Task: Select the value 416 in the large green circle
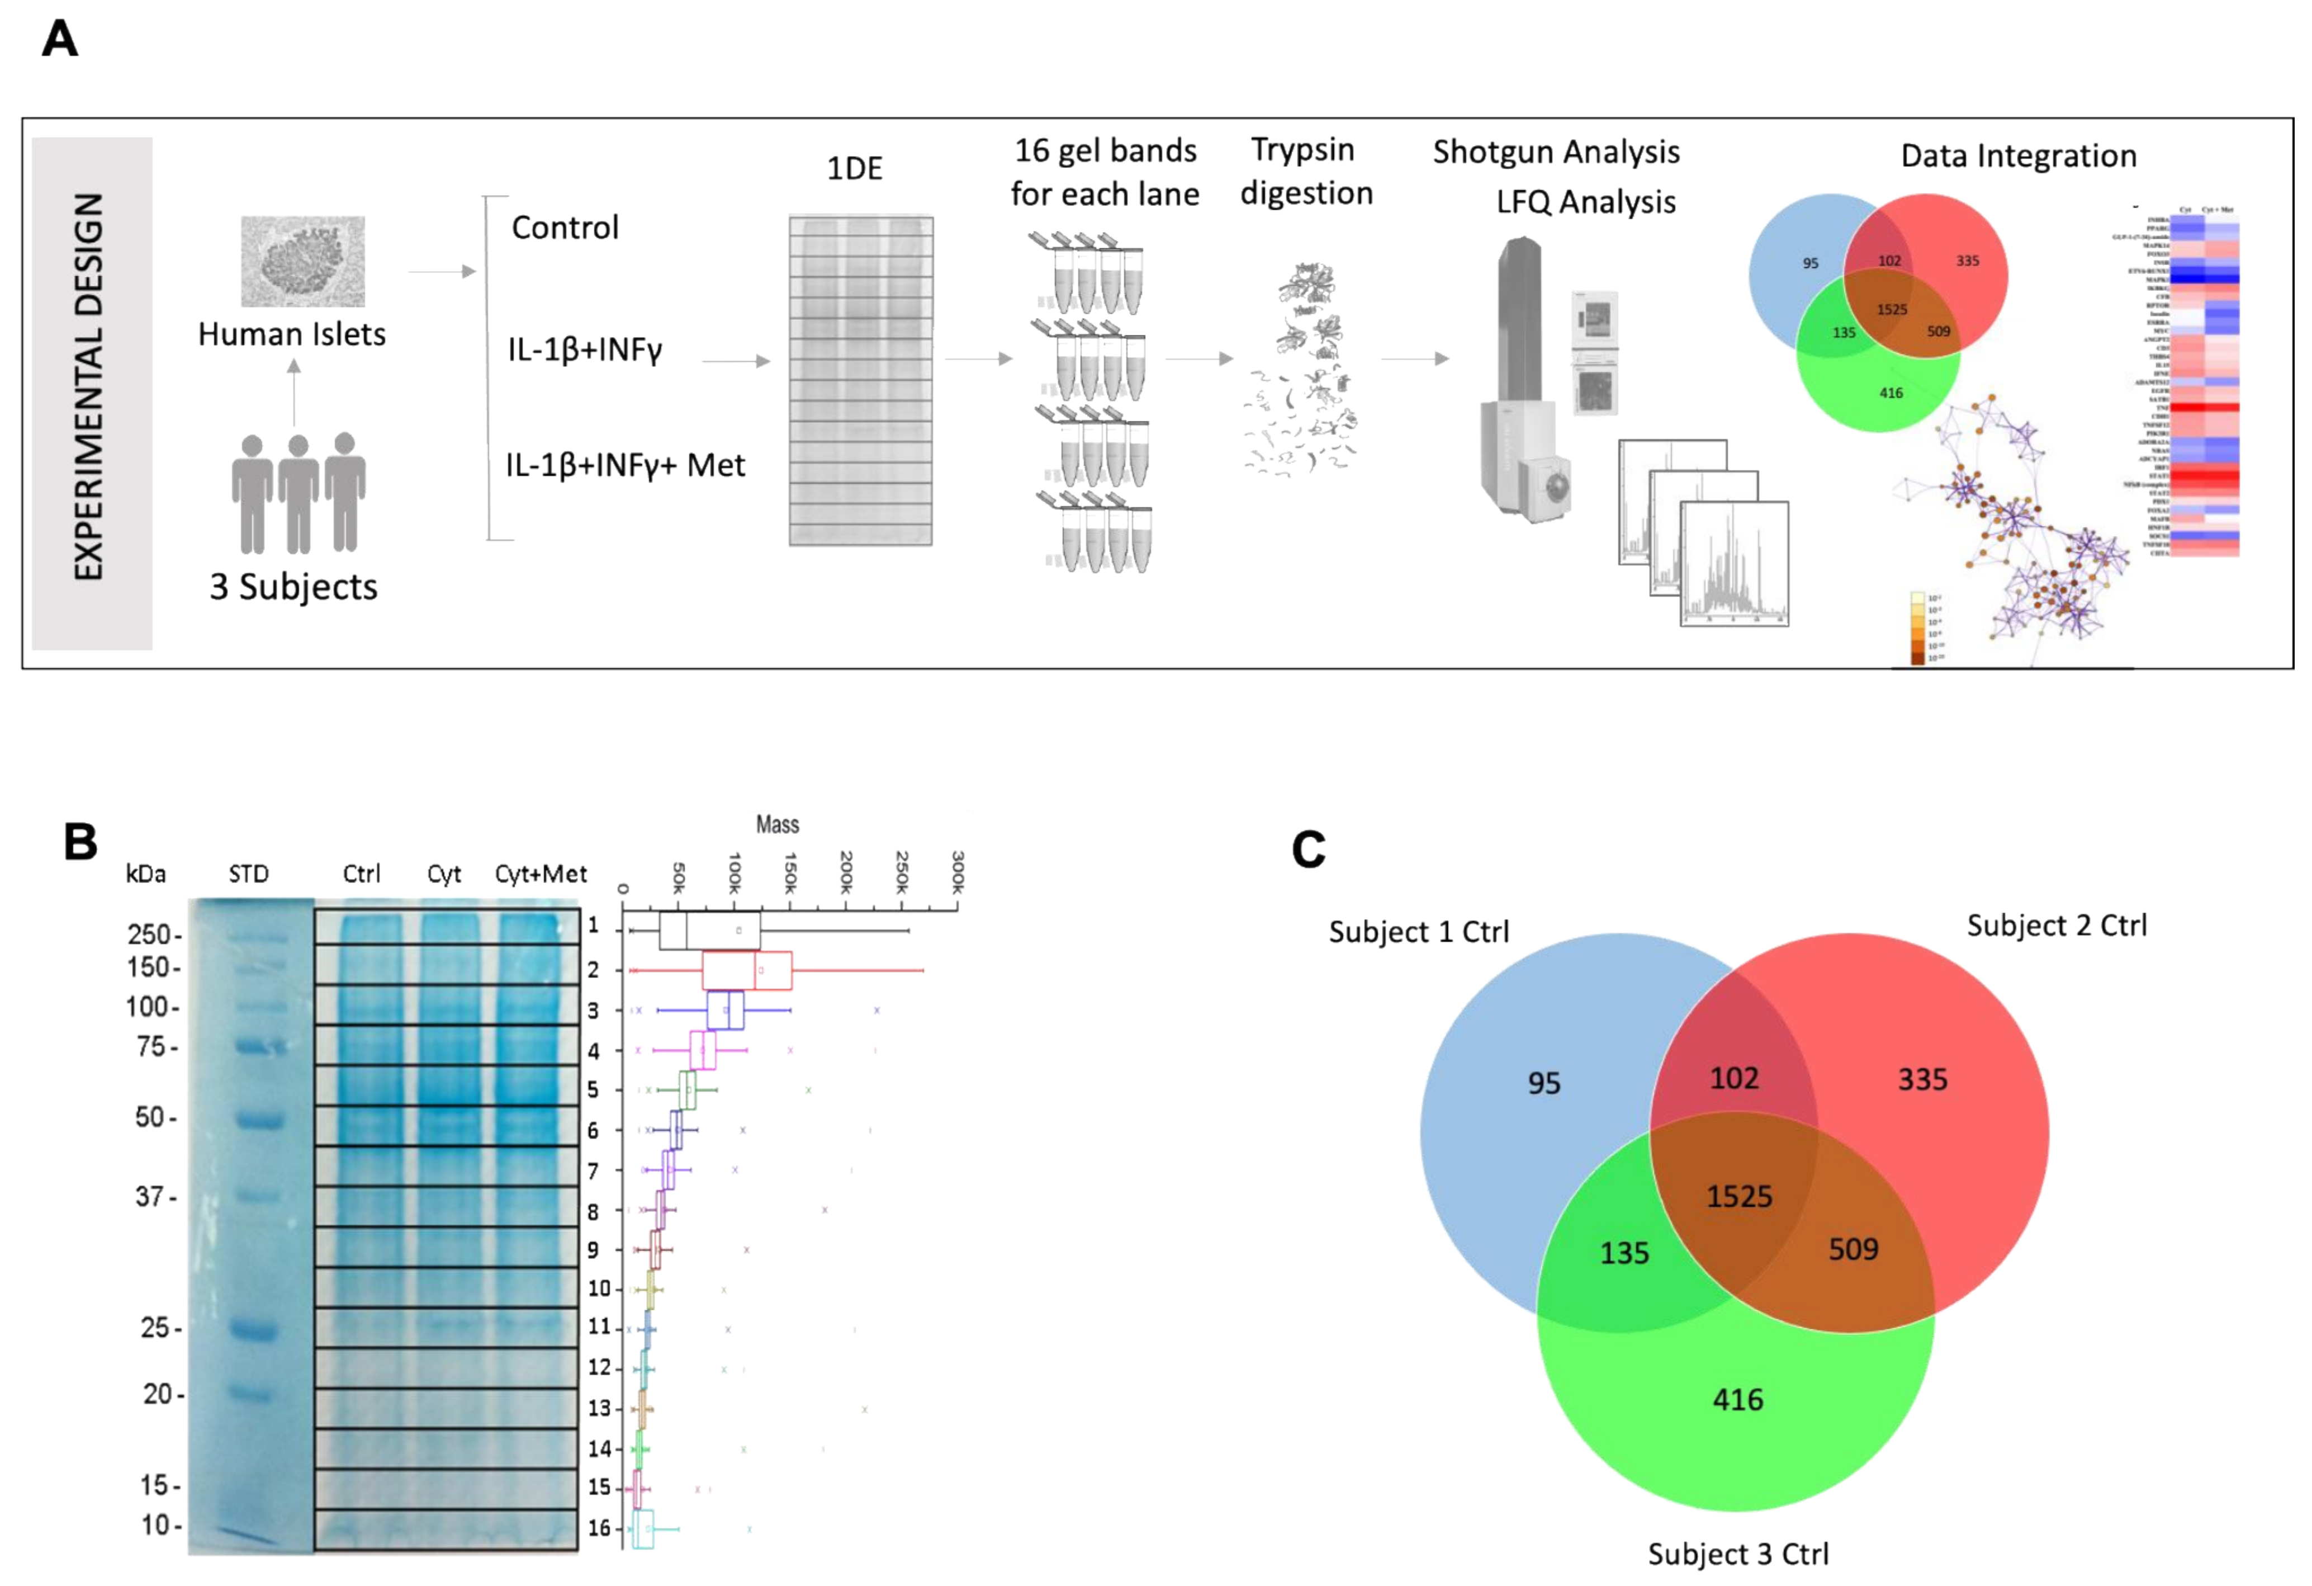tap(1737, 1399)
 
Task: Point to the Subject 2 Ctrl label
tap(2057, 926)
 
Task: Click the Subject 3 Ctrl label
tap(1737, 1553)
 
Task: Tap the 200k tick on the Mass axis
tap(847, 872)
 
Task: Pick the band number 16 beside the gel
tap(598, 1527)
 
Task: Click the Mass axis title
tap(777, 824)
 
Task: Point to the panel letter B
tap(79, 842)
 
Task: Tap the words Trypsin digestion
tap(1305, 171)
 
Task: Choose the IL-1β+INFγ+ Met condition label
tap(625, 465)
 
